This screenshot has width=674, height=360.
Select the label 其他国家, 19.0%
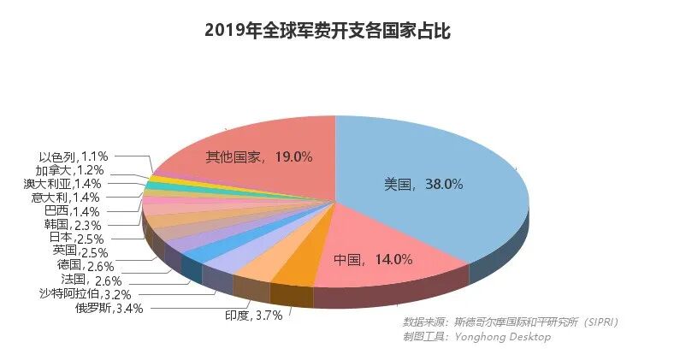pos(258,156)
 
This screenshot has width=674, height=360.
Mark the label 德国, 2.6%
pos(86,265)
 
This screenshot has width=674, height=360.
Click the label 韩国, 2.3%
pos(72,224)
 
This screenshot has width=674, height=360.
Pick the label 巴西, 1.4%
pos(72,210)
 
